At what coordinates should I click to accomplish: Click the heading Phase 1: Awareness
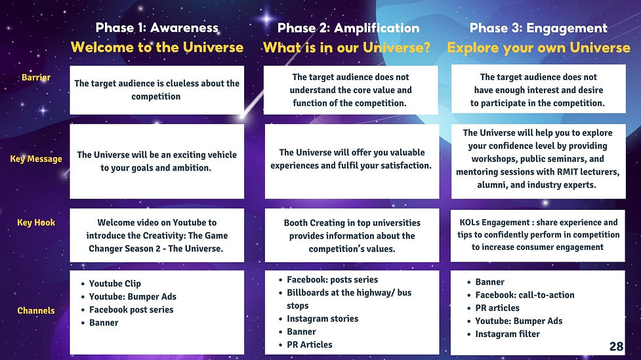(x=157, y=28)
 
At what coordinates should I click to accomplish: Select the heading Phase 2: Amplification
(x=348, y=28)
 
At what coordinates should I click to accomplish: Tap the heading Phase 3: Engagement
(x=539, y=28)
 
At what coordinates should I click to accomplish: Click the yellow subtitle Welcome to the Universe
(x=157, y=47)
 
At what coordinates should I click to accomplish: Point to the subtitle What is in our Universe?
(x=347, y=47)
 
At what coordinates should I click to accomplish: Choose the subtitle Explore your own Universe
(x=539, y=47)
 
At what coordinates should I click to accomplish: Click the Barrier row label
(x=36, y=77)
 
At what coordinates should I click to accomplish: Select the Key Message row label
(x=36, y=159)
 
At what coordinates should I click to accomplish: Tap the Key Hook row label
(x=36, y=222)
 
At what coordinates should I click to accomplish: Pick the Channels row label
(x=36, y=310)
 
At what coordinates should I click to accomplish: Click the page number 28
(x=616, y=346)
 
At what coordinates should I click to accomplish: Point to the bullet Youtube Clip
(x=115, y=283)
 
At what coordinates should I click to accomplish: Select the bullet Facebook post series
(x=131, y=310)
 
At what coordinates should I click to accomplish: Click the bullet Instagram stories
(x=322, y=319)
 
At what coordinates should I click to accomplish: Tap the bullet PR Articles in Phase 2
(x=310, y=344)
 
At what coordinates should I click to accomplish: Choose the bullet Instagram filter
(x=507, y=334)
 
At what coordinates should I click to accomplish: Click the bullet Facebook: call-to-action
(x=524, y=295)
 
